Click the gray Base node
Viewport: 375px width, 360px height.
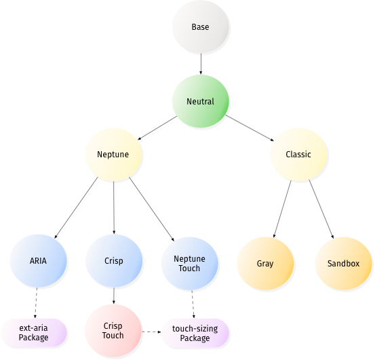coord(201,26)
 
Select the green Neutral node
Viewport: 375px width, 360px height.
coord(201,101)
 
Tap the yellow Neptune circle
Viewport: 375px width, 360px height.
coord(113,155)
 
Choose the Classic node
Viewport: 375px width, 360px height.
coord(298,155)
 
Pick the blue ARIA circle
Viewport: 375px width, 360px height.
coord(38,261)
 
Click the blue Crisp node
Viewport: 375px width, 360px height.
coord(114,261)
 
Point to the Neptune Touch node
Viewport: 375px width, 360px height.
coord(189,264)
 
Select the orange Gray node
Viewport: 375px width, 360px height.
coord(265,264)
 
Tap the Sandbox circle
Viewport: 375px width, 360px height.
coord(343,264)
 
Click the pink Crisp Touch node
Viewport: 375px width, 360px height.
coord(113,331)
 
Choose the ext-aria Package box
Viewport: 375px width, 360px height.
coord(33,332)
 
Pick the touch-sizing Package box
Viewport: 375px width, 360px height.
coord(195,333)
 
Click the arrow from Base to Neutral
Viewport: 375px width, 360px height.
coord(201,64)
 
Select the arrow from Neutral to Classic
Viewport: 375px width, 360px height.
coord(250,128)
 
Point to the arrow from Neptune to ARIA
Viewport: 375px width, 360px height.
coord(76,207)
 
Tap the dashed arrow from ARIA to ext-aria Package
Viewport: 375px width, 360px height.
coord(36,302)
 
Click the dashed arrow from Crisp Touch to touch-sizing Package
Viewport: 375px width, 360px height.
coord(151,332)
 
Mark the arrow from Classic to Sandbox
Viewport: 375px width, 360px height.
coord(321,209)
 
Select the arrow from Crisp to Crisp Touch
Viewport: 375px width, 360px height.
coord(114,296)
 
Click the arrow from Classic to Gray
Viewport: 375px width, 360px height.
coord(283,209)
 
